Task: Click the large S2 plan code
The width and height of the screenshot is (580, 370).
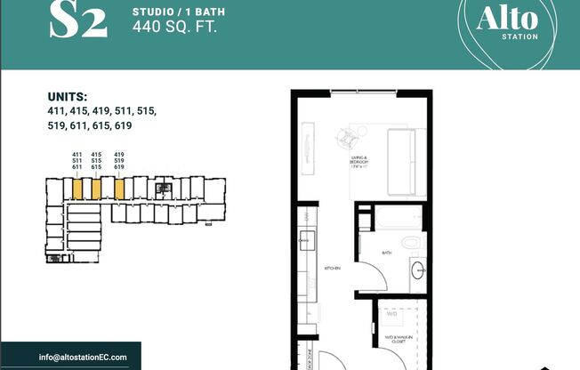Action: tap(77, 21)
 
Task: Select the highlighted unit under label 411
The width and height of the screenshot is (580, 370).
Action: tap(77, 189)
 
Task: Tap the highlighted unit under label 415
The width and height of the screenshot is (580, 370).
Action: tap(96, 189)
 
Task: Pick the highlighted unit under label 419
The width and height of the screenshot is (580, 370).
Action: tap(118, 189)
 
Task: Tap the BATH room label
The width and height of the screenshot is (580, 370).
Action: tap(386, 253)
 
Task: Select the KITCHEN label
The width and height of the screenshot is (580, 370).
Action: tap(332, 266)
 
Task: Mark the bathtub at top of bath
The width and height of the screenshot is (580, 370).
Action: tap(392, 218)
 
